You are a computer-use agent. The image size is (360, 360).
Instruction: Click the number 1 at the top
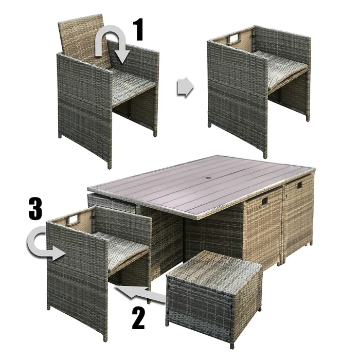pyautogui.click(x=137, y=31)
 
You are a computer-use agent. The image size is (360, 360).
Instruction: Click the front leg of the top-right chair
pyautogui.click(x=265, y=152)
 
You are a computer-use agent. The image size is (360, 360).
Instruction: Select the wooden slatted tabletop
pyautogui.click(x=206, y=185)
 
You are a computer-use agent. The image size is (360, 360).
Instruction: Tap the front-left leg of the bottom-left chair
pyautogui.click(x=104, y=334)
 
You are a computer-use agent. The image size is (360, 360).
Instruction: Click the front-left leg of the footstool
pyautogui.click(x=168, y=321)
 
